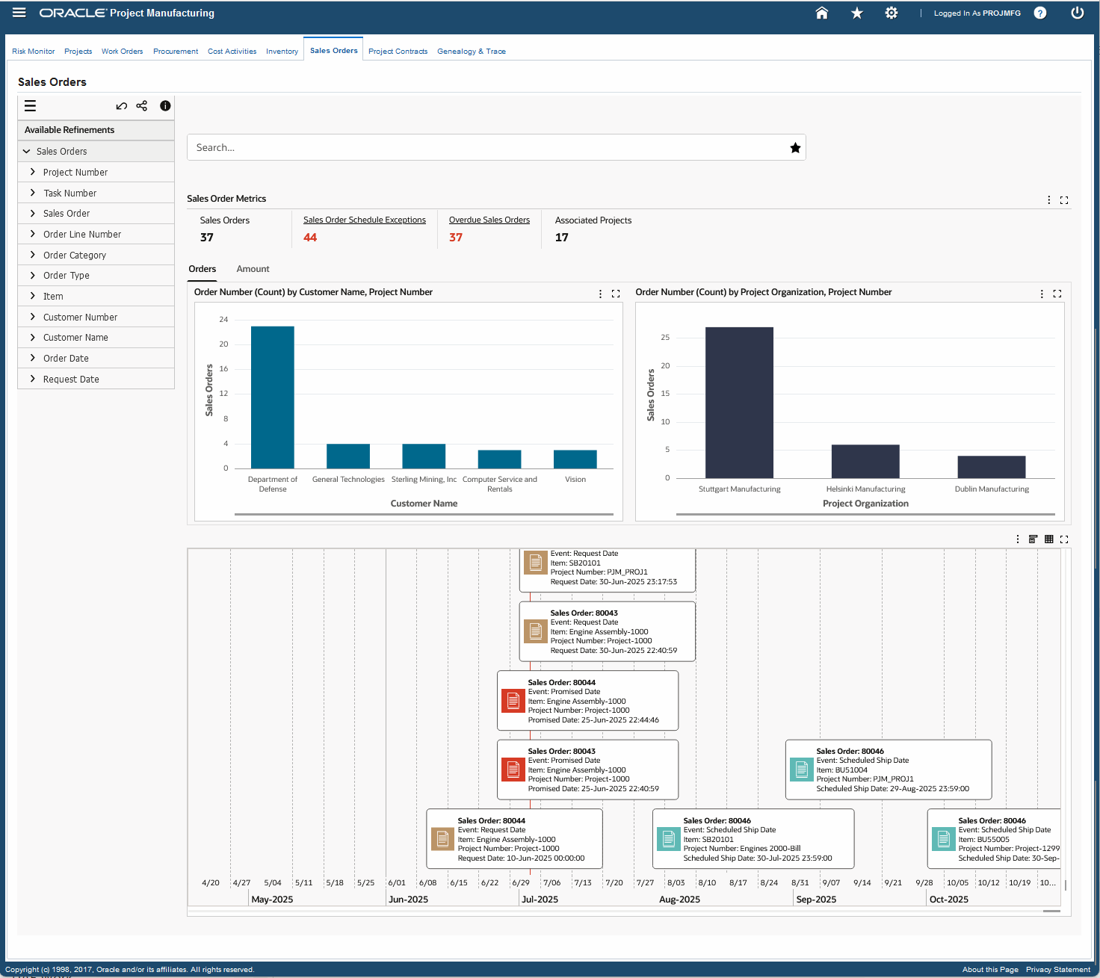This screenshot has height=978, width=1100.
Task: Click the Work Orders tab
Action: click(122, 52)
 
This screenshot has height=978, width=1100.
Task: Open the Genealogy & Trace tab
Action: click(471, 52)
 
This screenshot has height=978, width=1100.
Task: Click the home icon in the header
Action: click(821, 13)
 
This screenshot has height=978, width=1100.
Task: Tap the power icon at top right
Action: click(1077, 13)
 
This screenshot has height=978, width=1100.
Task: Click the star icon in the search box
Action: click(795, 148)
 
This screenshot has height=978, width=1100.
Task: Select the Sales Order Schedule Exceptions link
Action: click(364, 220)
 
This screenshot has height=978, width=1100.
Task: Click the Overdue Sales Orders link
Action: click(489, 220)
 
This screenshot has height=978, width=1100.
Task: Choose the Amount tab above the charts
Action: click(253, 269)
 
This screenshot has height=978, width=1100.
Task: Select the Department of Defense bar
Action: click(272, 397)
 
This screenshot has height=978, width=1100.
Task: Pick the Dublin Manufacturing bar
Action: click(991, 467)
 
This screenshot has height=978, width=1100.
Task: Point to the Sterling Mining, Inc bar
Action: click(424, 456)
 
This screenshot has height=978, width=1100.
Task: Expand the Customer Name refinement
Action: click(75, 338)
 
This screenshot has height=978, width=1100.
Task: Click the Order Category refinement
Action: click(75, 256)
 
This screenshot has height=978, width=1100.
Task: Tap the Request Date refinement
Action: click(71, 380)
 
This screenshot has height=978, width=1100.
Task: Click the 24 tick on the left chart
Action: click(223, 320)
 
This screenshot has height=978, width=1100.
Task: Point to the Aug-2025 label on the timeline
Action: click(679, 900)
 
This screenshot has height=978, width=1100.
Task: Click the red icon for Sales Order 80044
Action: click(513, 701)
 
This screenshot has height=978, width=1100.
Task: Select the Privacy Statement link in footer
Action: click(1057, 970)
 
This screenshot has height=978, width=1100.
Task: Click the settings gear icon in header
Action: click(891, 13)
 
